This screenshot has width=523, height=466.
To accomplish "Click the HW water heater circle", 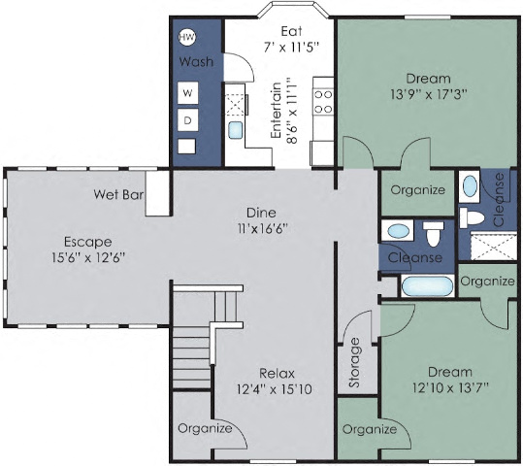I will pyautogui.click(x=188, y=38).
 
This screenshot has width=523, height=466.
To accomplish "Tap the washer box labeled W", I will pyautogui.click(x=188, y=93).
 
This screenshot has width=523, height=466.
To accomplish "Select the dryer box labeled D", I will pyautogui.click(x=188, y=119).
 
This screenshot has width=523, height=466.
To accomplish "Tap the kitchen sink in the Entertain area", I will pyautogui.click(x=235, y=130).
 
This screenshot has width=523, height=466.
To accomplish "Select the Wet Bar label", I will pyautogui.click(x=118, y=194).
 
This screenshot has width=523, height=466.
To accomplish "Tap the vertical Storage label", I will pyautogui.click(x=354, y=363).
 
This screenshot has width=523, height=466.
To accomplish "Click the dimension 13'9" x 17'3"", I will pyautogui.click(x=428, y=96).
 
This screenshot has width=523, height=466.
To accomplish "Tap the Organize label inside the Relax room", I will pyautogui.click(x=205, y=428).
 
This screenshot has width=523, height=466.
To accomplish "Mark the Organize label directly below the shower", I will pyautogui.click(x=487, y=281).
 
